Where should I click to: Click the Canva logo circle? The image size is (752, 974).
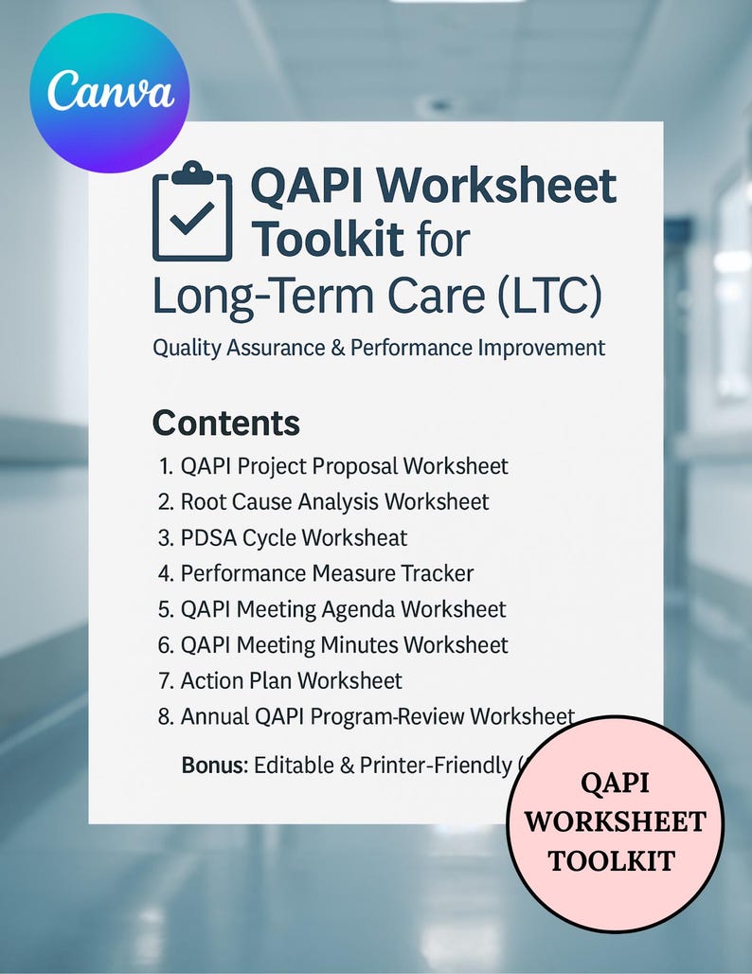(x=110, y=93)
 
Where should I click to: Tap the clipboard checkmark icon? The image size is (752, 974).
(x=191, y=211)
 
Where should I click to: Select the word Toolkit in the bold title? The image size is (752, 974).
(x=328, y=239)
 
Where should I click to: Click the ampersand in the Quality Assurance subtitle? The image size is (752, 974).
(x=335, y=348)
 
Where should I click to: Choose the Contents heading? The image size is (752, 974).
(x=225, y=423)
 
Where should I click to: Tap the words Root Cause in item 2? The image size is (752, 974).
(x=240, y=501)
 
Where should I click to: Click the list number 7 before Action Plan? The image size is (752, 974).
(x=164, y=680)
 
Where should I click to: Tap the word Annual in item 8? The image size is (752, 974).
(x=215, y=716)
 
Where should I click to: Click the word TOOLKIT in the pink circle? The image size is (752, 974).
(x=613, y=860)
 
